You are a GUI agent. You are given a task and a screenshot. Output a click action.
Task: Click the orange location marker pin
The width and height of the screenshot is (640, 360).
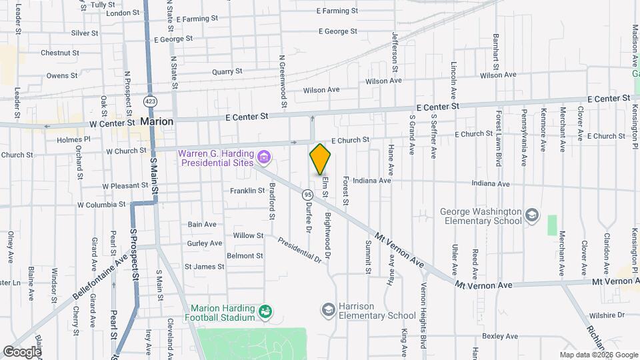click(x=320, y=159)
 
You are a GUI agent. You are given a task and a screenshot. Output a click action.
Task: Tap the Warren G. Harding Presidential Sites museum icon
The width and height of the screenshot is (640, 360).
click(x=265, y=158)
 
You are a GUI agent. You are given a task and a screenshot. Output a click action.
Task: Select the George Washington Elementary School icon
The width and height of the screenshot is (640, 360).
click(x=532, y=215)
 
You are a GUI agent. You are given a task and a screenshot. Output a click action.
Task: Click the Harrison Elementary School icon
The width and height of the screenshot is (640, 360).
click(x=327, y=309)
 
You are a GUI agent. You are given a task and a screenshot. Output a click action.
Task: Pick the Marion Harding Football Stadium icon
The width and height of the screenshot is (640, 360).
click(x=265, y=311)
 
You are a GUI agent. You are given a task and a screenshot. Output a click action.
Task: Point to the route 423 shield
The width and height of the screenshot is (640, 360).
click(x=149, y=101)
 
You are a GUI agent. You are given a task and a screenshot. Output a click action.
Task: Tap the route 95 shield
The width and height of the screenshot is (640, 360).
click(x=307, y=195)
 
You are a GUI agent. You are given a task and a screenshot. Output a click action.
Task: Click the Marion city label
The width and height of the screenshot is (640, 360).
click(x=157, y=122)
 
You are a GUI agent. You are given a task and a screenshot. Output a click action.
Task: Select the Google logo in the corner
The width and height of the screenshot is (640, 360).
click(x=21, y=351)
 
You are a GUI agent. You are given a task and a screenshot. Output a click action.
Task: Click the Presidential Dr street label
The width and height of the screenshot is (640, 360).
click(x=300, y=249)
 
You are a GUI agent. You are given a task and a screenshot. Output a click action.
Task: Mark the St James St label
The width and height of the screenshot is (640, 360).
click(x=205, y=267)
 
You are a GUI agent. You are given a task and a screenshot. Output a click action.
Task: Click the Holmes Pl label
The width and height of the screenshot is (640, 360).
click(x=73, y=140)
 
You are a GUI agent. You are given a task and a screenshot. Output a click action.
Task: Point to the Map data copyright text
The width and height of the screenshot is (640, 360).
click(x=598, y=355)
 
